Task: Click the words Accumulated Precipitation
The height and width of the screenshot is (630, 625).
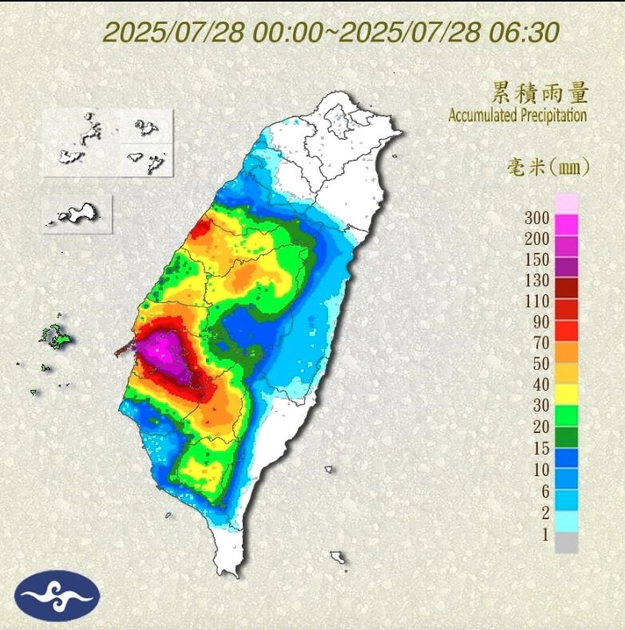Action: click(517, 116)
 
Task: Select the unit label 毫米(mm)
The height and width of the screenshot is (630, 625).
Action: click(548, 167)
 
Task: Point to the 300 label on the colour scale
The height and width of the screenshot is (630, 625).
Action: click(537, 218)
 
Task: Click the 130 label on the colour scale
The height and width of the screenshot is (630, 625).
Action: click(537, 281)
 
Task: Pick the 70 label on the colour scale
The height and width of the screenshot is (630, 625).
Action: click(540, 344)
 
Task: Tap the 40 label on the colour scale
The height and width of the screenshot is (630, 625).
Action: click(540, 386)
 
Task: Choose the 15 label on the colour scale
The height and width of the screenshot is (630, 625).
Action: click(540, 449)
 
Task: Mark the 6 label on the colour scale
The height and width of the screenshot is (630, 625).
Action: click(544, 491)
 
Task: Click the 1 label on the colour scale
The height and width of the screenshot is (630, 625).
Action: click(544, 534)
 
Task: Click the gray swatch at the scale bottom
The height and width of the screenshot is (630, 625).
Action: click(566, 543)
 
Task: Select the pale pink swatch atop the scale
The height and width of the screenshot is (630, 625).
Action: click(566, 203)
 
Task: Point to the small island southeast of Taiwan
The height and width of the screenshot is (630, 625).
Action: click(338, 557)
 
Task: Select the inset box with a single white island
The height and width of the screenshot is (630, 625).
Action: click(77, 214)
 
